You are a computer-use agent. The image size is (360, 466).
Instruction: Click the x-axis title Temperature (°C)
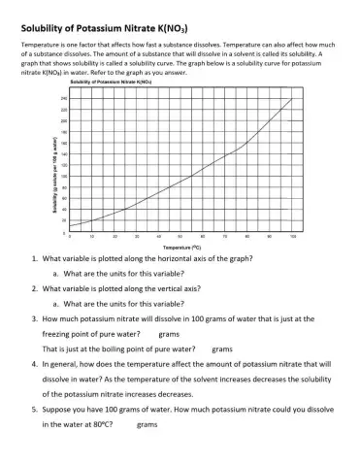[x=178, y=248]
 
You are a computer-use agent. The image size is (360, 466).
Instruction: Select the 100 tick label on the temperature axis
[x=292, y=236]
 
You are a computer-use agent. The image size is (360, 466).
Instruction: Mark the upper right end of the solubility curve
[x=291, y=100]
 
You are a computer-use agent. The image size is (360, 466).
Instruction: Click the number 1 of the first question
[x=34, y=259]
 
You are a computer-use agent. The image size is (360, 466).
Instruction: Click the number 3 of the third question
[x=34, y=317]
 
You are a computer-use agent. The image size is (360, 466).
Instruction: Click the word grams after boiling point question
[x=223, y=348]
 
